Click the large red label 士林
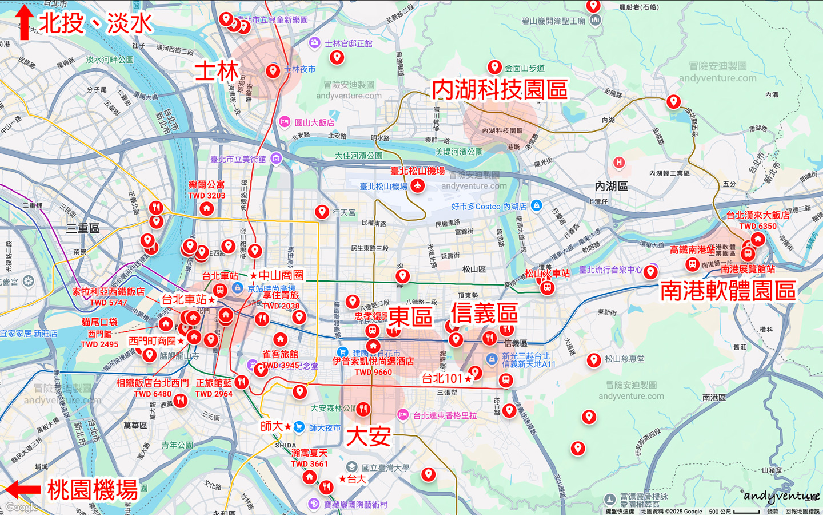tap(217, 72)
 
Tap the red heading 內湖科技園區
tap(500, 89)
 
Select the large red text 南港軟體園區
tap(728, 291)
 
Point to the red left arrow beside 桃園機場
tap(23, 490)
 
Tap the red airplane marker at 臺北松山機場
tap(418, 185)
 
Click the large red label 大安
tap(369, 437)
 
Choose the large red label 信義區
tap(484, 313)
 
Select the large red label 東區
tap(410, 316)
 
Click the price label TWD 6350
tap(758, 226)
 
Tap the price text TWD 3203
tap(207, 196)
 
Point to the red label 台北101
tap(442, 378)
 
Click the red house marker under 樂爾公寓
tap(207, 209)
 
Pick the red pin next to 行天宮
tap(322, 212)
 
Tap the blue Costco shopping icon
tap(536, 205)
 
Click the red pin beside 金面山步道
tap(494, 67)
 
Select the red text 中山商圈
tap(281, 275)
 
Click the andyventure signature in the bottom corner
tap(782, 496)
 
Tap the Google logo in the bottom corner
tap(22, 507)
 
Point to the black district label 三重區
tap(83, 228)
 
